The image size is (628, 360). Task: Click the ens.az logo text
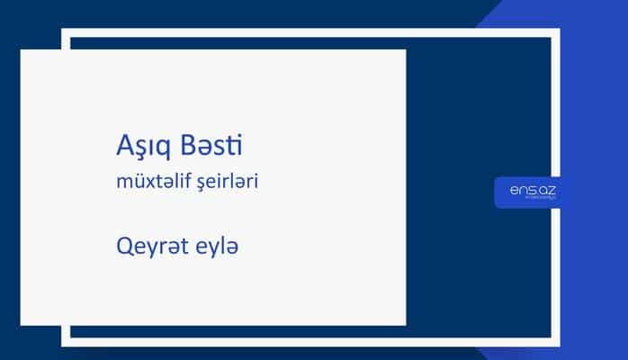coord(527,190)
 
